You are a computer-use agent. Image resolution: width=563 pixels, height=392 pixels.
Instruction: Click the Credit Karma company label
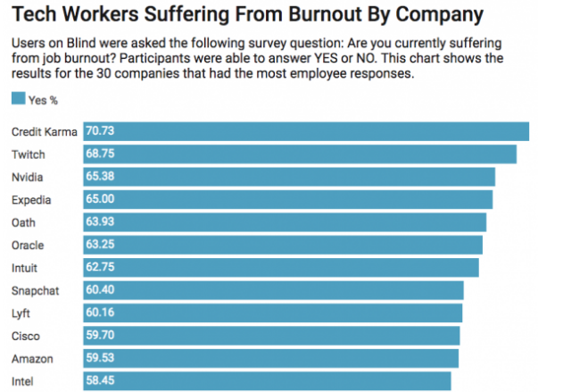tap(44, 131)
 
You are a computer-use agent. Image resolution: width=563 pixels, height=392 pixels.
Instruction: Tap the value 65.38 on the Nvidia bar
tap(100, 176)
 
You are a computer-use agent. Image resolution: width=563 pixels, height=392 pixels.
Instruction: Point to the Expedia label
tap(32, 198)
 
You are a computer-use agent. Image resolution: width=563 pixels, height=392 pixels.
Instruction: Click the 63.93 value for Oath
tap(100, 221)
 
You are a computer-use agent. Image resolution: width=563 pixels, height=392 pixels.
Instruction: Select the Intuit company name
tap(25, 267)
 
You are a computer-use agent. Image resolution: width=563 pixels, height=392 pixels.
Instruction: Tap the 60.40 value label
tap(100, 290)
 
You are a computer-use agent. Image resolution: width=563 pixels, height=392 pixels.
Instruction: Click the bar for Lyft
tap(273, 313)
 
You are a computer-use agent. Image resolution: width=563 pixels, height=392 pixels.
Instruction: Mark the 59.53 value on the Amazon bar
tap(100, 358)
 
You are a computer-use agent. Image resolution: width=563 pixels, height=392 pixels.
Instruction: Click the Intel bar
tap(267, 381)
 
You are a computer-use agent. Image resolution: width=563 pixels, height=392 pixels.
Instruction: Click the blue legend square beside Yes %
tap(18, 99)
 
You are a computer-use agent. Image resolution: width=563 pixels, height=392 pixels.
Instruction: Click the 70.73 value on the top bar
tap(100, 131)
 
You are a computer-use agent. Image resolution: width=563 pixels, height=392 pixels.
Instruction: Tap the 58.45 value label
tap(100, 381)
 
